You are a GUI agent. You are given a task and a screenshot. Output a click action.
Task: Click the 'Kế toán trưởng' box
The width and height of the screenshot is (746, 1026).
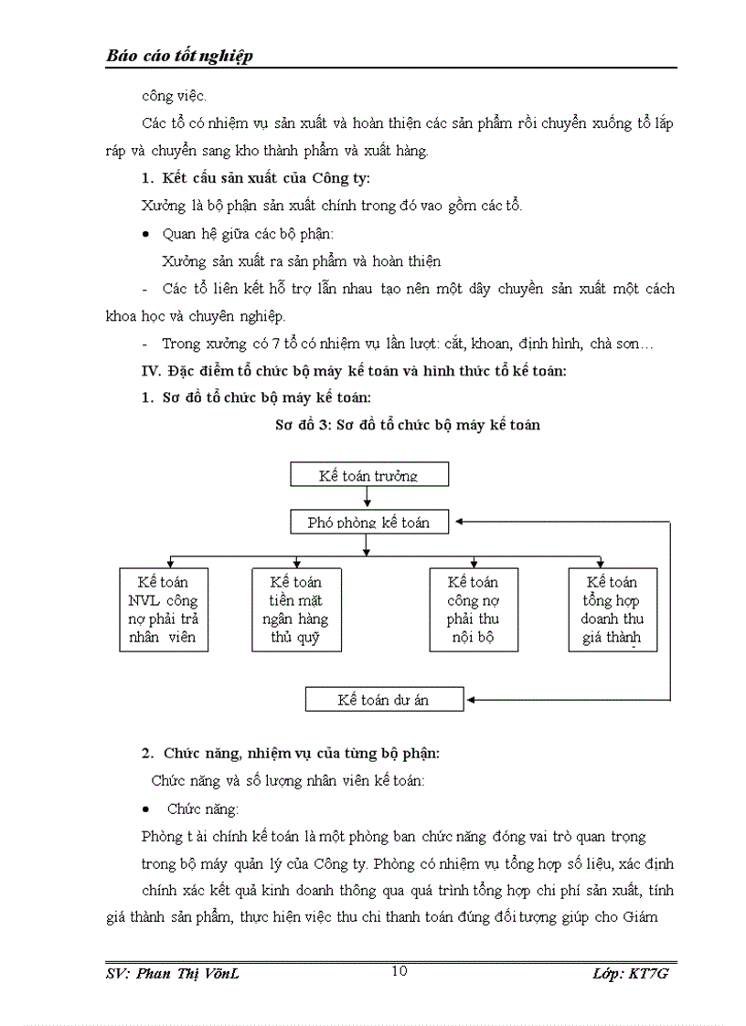pyautogui.click(x=368, y=475)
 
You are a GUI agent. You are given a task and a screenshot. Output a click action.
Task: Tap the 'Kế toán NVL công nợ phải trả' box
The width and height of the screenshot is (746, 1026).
pyautogui.click(x=164, y=609)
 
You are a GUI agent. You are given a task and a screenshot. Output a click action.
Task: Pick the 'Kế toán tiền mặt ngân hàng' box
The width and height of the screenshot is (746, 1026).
pyautogui.click(x=296, y=609)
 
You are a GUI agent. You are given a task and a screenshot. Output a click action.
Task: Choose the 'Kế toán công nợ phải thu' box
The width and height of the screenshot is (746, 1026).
pyautogui.click(x=473, y=609)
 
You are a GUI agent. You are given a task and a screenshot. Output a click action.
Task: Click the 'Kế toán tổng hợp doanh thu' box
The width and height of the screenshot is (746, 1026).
pyautogui.click(x=612, y=609)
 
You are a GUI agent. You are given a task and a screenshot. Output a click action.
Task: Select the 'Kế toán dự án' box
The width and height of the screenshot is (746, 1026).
pyautogui.click(x=384, y=700)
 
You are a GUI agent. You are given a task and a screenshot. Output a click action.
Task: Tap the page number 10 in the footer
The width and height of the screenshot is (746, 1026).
pyautogui.click(x=399, y=970)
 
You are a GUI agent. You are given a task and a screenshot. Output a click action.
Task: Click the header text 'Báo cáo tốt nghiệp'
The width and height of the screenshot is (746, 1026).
pyautogui.click(x=179, y=57)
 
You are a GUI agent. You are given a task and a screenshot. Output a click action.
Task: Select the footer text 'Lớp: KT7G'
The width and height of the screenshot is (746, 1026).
pyautogui.click(x=631, y=974)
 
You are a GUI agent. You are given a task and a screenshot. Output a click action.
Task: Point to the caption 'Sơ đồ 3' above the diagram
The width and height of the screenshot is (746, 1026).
pyautogui.click(x=301, y=425)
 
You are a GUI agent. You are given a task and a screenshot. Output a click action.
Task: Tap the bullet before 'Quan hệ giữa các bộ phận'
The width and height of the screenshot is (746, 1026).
pyautogui.click(x=146, y=235)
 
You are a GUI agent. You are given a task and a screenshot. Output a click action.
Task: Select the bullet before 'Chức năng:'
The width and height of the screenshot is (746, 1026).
pyautogui.click(x=146, y=809)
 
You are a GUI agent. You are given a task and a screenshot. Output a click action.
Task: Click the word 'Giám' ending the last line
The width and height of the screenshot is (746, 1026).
pyautogui.click(x=655, y=916)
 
